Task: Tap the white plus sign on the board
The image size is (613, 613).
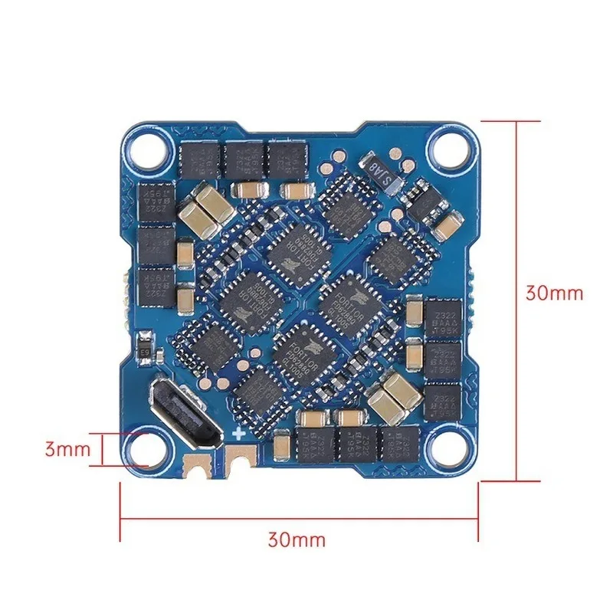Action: (240, 434)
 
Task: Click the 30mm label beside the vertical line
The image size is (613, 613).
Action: (553, 293)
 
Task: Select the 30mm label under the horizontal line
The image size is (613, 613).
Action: (297, 539)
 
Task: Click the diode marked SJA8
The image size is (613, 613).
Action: (382, 173)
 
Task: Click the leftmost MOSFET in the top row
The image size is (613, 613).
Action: (200, 159)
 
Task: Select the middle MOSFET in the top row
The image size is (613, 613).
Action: (244, 159)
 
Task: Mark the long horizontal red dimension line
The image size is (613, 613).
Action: (299, 519)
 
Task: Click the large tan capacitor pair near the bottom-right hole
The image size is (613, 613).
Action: (395, 392)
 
